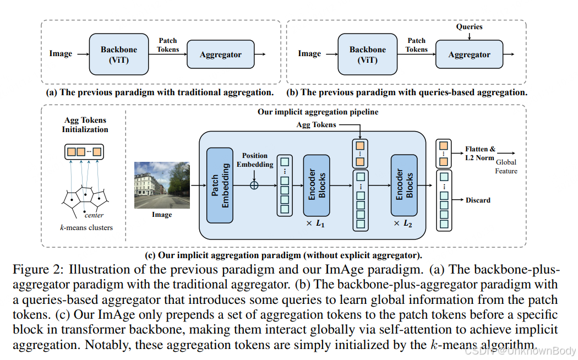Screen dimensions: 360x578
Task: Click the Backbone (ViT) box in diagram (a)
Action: coord(118,54)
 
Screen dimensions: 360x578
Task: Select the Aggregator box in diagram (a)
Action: coord(220,54)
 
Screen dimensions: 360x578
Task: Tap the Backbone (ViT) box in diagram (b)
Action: coord(367,54)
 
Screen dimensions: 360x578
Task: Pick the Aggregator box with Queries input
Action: coord(469,54)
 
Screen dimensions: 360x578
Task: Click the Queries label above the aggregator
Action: coord(469,26)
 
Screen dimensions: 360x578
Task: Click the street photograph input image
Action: coord(162,185)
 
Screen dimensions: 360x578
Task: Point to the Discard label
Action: coord(478,200)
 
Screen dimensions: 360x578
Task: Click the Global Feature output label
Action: coord(506,167)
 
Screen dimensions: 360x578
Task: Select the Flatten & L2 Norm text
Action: coord(480,153)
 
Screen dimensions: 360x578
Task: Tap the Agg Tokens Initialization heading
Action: coord(85,124)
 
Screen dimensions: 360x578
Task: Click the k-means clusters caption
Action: coord(86,227)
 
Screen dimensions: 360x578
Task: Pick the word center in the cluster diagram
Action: coord(94,215)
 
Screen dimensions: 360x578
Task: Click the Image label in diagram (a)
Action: coord(61,54)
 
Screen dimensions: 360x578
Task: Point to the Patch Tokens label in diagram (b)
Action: coord(416,45)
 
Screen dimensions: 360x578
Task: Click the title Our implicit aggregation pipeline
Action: coord(318,112)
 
